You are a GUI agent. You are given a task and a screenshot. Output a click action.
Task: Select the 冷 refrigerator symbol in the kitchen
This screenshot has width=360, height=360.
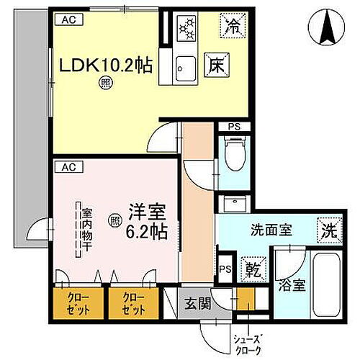coord(233,26)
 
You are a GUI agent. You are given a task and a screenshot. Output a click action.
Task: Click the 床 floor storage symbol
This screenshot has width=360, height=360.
coord(215,63)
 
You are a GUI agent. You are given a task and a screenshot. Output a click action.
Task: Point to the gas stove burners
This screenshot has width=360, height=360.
coord(189,27)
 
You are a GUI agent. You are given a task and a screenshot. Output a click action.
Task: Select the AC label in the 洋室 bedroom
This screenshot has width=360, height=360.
coord(67,167)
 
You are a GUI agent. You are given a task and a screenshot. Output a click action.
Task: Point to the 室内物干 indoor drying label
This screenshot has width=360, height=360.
coord(86,225)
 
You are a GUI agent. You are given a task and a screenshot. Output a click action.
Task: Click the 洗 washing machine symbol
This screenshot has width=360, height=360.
coord(327,233)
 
